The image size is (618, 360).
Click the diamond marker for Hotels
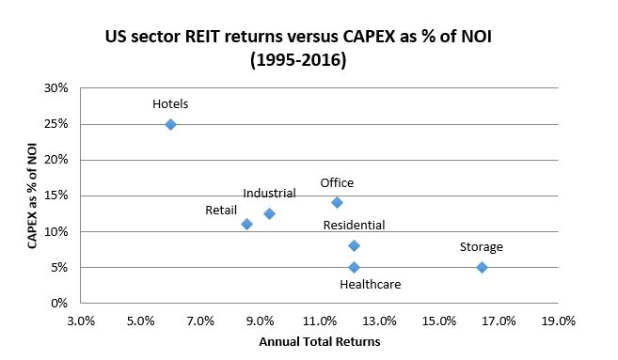point(170,124)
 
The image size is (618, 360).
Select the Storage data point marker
point(482,267)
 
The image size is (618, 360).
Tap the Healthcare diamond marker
point(354,267)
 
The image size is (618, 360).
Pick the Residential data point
point(354,245)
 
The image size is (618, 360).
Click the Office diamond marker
point(337,202)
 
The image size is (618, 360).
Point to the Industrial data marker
point(269,213)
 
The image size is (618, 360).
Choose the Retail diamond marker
point(246,224)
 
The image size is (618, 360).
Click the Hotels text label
point(170,103)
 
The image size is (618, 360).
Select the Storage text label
point(481,247)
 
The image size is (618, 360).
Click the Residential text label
point(354,226)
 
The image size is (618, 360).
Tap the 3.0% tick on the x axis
point(81,321)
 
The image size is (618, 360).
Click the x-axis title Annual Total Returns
point(319,341)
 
